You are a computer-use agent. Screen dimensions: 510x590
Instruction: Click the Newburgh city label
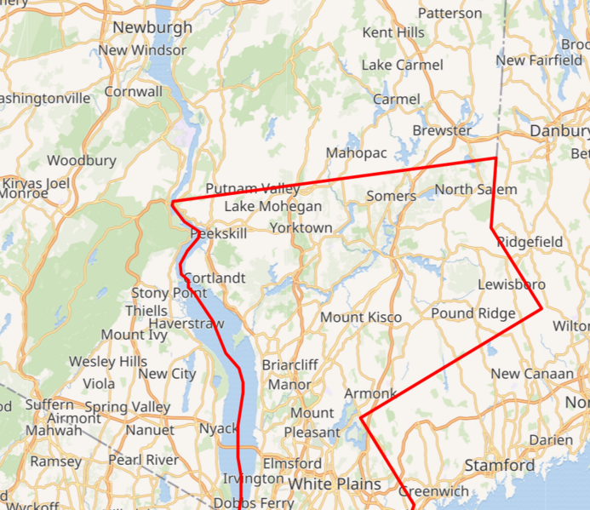[x=153, y=27]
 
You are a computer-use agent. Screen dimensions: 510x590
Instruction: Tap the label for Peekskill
[x=219, y=233]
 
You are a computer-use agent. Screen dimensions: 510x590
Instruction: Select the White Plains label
[x=335, y=484]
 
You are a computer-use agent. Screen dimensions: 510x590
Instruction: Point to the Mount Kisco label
[x=361, y=318]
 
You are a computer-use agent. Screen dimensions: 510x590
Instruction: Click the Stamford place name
[x=500, y=465]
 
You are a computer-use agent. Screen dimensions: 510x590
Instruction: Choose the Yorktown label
[x=301, y=227]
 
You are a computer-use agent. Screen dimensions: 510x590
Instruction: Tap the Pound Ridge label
[x=473, y=313]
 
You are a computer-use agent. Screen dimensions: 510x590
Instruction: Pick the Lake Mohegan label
[x=273, y=206]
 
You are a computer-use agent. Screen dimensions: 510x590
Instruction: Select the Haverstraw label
[x=186, y=324]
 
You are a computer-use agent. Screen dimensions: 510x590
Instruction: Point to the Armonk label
[x=370, y=393]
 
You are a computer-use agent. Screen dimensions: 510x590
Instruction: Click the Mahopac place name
[x=357, y=152]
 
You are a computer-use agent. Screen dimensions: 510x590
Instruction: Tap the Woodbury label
[x=82, y=160]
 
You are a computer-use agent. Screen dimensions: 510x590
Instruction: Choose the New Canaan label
[x=533, y=374]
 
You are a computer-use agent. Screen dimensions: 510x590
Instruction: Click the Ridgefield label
[x=530, y=242]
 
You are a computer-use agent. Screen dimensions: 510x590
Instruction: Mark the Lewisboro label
[x=512, y=284]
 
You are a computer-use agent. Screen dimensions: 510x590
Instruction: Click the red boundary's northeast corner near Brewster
[x=495, y=158]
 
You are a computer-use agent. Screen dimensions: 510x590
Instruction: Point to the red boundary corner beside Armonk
[x=362, y=418]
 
